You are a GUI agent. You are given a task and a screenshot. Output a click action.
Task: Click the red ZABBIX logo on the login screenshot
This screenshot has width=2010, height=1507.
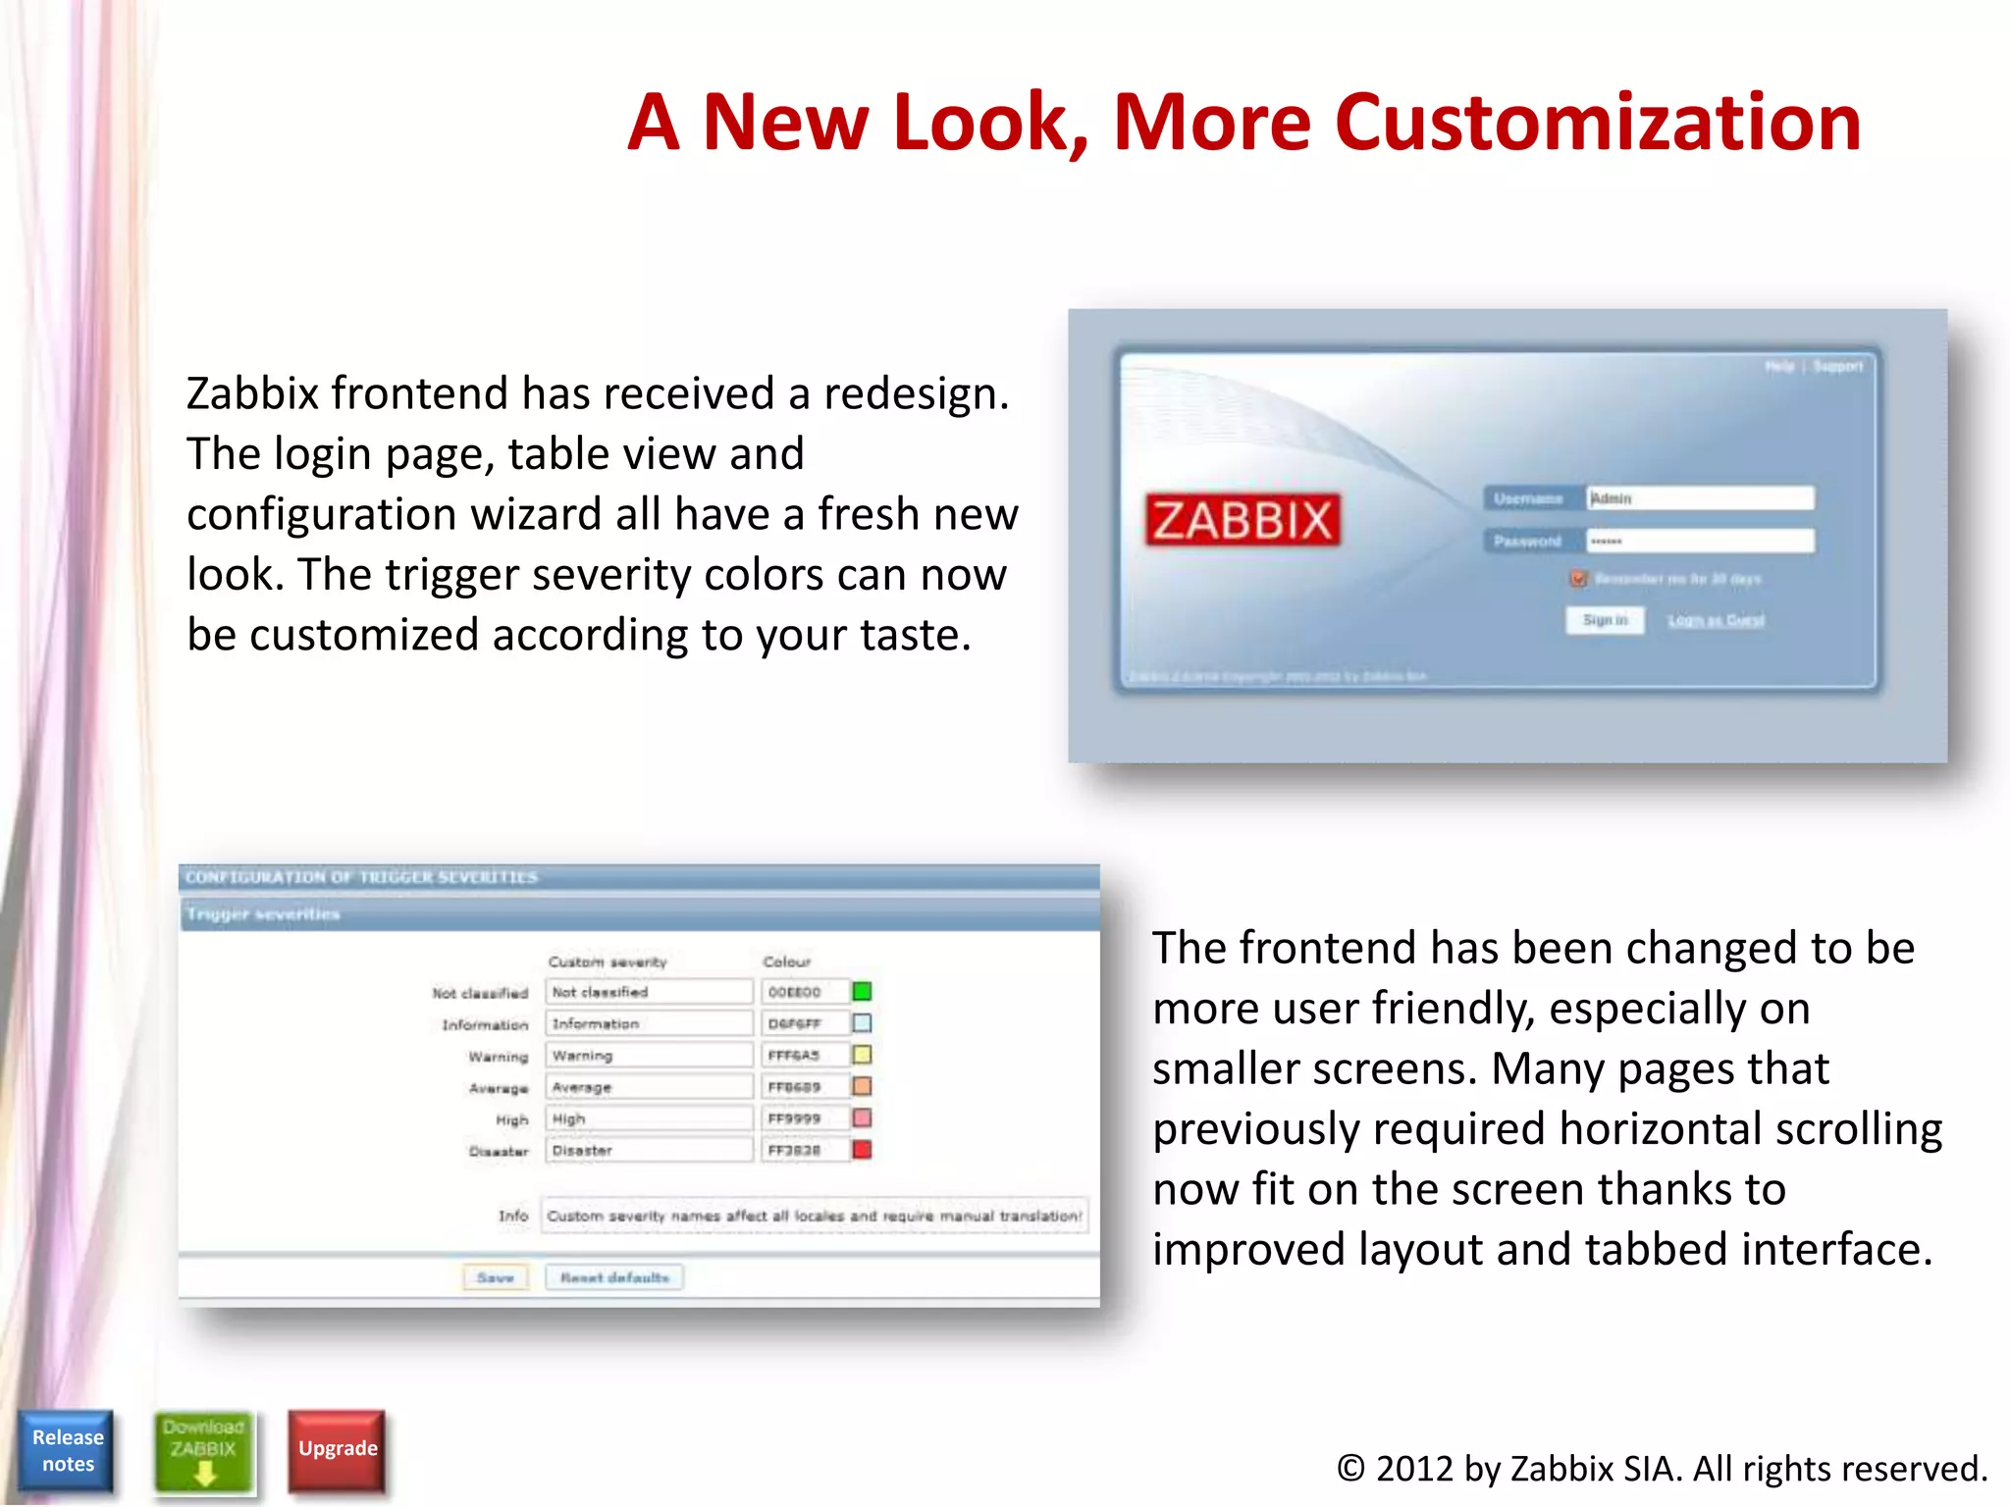tap(1243, 520)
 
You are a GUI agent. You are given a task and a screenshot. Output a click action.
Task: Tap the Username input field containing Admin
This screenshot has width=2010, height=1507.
tap(1701, 498)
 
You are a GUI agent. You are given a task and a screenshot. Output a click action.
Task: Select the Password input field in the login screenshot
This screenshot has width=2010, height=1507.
tap(1701, 541)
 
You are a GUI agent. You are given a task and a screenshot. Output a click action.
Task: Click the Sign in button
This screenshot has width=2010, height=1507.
tap(1605, 620)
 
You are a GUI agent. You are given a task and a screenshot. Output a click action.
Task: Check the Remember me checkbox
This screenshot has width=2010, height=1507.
tap(1578, 579)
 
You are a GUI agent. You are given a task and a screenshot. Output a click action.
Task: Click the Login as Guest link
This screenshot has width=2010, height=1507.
tap(1716, 620)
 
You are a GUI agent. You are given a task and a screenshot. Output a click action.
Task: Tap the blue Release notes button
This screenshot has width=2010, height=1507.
tap(67, 1451)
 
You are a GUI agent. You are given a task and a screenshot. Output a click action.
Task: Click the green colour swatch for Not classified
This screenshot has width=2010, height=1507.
tap(862, 992)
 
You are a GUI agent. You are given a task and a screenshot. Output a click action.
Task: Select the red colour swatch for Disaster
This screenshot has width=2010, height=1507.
tap(862, 1150)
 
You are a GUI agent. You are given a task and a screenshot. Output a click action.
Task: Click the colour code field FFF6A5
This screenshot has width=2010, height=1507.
tap(803, 1056)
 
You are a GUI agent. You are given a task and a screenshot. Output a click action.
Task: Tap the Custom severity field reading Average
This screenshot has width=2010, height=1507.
tap(648, 1087)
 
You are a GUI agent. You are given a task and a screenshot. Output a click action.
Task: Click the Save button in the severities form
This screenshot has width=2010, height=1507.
tap(496, 1277)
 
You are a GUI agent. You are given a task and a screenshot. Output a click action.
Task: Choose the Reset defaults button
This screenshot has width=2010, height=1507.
tap(614, 1277)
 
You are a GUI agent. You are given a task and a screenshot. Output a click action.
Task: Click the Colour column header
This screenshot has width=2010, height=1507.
tap(787, 961)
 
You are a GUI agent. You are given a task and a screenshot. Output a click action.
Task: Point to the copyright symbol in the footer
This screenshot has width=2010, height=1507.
tap(1350, 1469)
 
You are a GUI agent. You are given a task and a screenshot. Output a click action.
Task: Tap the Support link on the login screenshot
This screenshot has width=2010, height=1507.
tap(1837, 367)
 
